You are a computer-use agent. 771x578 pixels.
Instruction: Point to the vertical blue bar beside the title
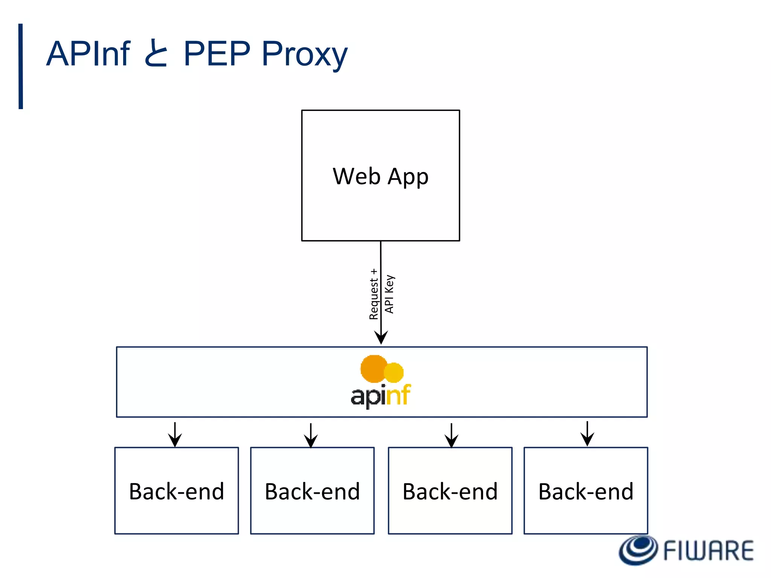(x=21, y=66)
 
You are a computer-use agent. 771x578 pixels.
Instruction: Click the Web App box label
(x=380, y=176)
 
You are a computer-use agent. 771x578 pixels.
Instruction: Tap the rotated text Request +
(x=373, y=294)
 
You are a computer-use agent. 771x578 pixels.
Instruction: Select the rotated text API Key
(x=389, y=294)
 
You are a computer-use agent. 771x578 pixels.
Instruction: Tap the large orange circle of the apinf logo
(x=373, y=369)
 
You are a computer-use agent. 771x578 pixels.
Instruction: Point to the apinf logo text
(x=380, y=396)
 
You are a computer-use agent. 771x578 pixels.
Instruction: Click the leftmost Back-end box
(x=177, y=491)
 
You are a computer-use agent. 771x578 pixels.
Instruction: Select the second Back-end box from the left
(x=312, y=491)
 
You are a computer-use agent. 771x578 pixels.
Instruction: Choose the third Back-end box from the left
(x=450, y=491)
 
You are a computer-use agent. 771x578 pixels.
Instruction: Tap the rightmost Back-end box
(x=586, y=491)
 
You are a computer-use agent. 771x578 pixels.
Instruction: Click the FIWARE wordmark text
(x=708, y=551)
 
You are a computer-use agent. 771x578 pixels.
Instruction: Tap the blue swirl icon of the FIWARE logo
(x=639, y=550)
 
